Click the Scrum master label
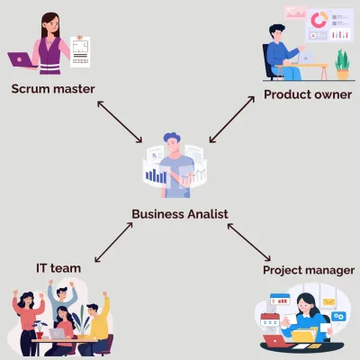click(53, 89)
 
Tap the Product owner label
click(308, 94)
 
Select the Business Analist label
click(180, 214)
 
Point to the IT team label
click(58, 268)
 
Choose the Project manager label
click(309, 270)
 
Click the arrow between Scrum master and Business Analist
click(120, 121)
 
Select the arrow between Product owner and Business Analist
click(232, 120)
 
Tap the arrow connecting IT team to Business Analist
click(113, 242)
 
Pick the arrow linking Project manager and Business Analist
click(249, 242)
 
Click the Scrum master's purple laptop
click(21, 60)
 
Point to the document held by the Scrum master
click(80, 52)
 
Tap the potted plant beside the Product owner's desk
click(343, 65)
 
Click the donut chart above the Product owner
click(319, 20)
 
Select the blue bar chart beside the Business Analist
click(156, 175)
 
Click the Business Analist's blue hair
click(172, 137)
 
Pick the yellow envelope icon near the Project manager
click(329, 301)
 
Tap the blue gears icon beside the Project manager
click(338, 316)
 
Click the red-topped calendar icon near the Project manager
click(270, 319)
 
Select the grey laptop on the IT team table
click(57, 334)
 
